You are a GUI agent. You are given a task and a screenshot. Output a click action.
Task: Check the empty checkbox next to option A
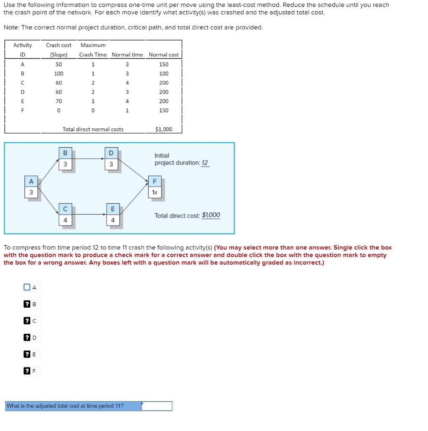(x=27, y=287)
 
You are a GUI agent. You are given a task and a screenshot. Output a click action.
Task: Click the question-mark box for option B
(x=27, y=304)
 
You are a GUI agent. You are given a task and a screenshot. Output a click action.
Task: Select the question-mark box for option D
(x=27, y=337)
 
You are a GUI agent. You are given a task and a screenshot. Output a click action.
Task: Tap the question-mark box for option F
(x=27, y=371)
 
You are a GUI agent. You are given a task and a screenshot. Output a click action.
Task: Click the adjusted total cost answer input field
(x=157, y=406)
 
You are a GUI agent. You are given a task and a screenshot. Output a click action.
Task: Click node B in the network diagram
(x=65, y=159)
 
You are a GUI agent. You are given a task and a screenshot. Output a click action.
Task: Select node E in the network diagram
(x=112, y=215)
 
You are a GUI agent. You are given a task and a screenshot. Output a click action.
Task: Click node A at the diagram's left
(x=31, y=187)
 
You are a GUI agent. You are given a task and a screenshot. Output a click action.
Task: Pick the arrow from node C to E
(x=88, y=214)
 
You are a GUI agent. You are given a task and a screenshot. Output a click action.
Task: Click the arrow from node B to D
(x=88, y=159)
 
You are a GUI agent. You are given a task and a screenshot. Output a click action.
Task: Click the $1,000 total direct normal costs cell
(x=164, y=129)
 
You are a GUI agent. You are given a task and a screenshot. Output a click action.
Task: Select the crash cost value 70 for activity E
(x=58, y=101)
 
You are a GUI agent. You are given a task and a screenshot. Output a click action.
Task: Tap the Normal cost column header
(x=164, y=54)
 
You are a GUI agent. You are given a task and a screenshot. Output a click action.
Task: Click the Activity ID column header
(x=22, y=50)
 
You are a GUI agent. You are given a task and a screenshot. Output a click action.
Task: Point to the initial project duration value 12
(x=205, y=163)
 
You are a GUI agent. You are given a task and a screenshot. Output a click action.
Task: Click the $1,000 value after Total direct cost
(x=211, y=215)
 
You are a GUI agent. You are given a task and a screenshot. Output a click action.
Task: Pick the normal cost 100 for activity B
(x=164, y=73)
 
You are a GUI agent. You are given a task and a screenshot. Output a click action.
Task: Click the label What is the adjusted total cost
(x=65, y=406)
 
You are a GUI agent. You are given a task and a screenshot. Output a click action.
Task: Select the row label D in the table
(x=22, y=92)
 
